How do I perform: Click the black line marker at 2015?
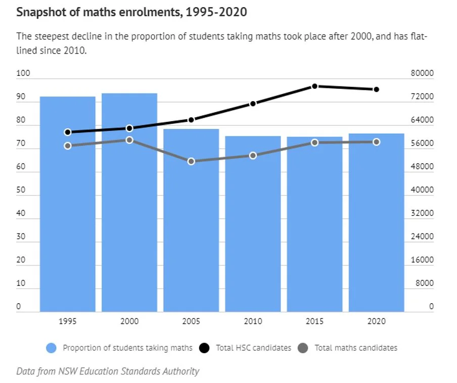(314, 86)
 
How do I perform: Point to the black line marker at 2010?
(253, 104)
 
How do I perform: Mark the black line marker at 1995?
(68, 132)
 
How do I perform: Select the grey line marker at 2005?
(191, 161)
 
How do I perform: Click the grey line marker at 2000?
(129, 140)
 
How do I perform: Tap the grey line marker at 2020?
(377, 142)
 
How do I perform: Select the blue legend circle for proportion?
(51, 348)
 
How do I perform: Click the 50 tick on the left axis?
(21, 190)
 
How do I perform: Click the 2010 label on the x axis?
(253, 321)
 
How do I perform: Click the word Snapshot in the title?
(39, 12)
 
